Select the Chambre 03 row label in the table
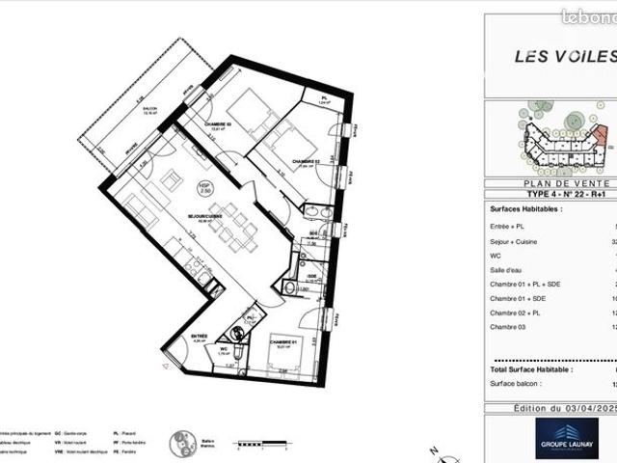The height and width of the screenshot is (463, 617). [x=511, y=328]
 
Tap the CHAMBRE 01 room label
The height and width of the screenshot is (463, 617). [x=282, y=341]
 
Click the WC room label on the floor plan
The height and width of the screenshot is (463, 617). [x=222, y=349]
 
